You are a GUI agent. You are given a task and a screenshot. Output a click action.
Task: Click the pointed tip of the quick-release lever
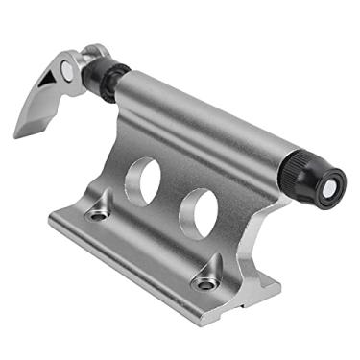[x=18, y=133]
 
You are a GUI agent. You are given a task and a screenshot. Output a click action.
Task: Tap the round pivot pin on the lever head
[x=65, y=68]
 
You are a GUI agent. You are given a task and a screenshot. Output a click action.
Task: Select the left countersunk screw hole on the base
[x=97, y=214]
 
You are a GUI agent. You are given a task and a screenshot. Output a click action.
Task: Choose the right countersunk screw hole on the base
[x=204, y=282]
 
